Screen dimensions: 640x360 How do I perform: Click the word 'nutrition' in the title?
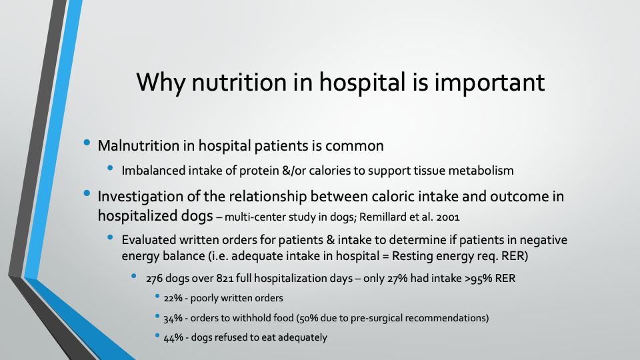click(239, 82)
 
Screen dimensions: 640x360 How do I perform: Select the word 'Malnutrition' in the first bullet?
click(139, 146)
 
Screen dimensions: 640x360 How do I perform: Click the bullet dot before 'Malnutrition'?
click(87, 143)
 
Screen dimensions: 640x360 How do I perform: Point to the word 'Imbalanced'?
click(153, 170)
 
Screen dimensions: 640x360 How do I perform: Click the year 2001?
click(448, 217)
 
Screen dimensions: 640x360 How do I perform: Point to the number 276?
click(154, 279)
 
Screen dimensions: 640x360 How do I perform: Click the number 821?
click(225, 279)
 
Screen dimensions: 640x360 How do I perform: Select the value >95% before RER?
click(479, 279)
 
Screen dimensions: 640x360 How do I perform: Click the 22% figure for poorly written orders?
click(173, 298)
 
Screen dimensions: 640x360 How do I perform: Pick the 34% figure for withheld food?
click(173, 318)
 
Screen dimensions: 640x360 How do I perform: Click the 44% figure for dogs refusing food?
click(173, 337)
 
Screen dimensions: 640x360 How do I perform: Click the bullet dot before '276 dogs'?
click(134, 276)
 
